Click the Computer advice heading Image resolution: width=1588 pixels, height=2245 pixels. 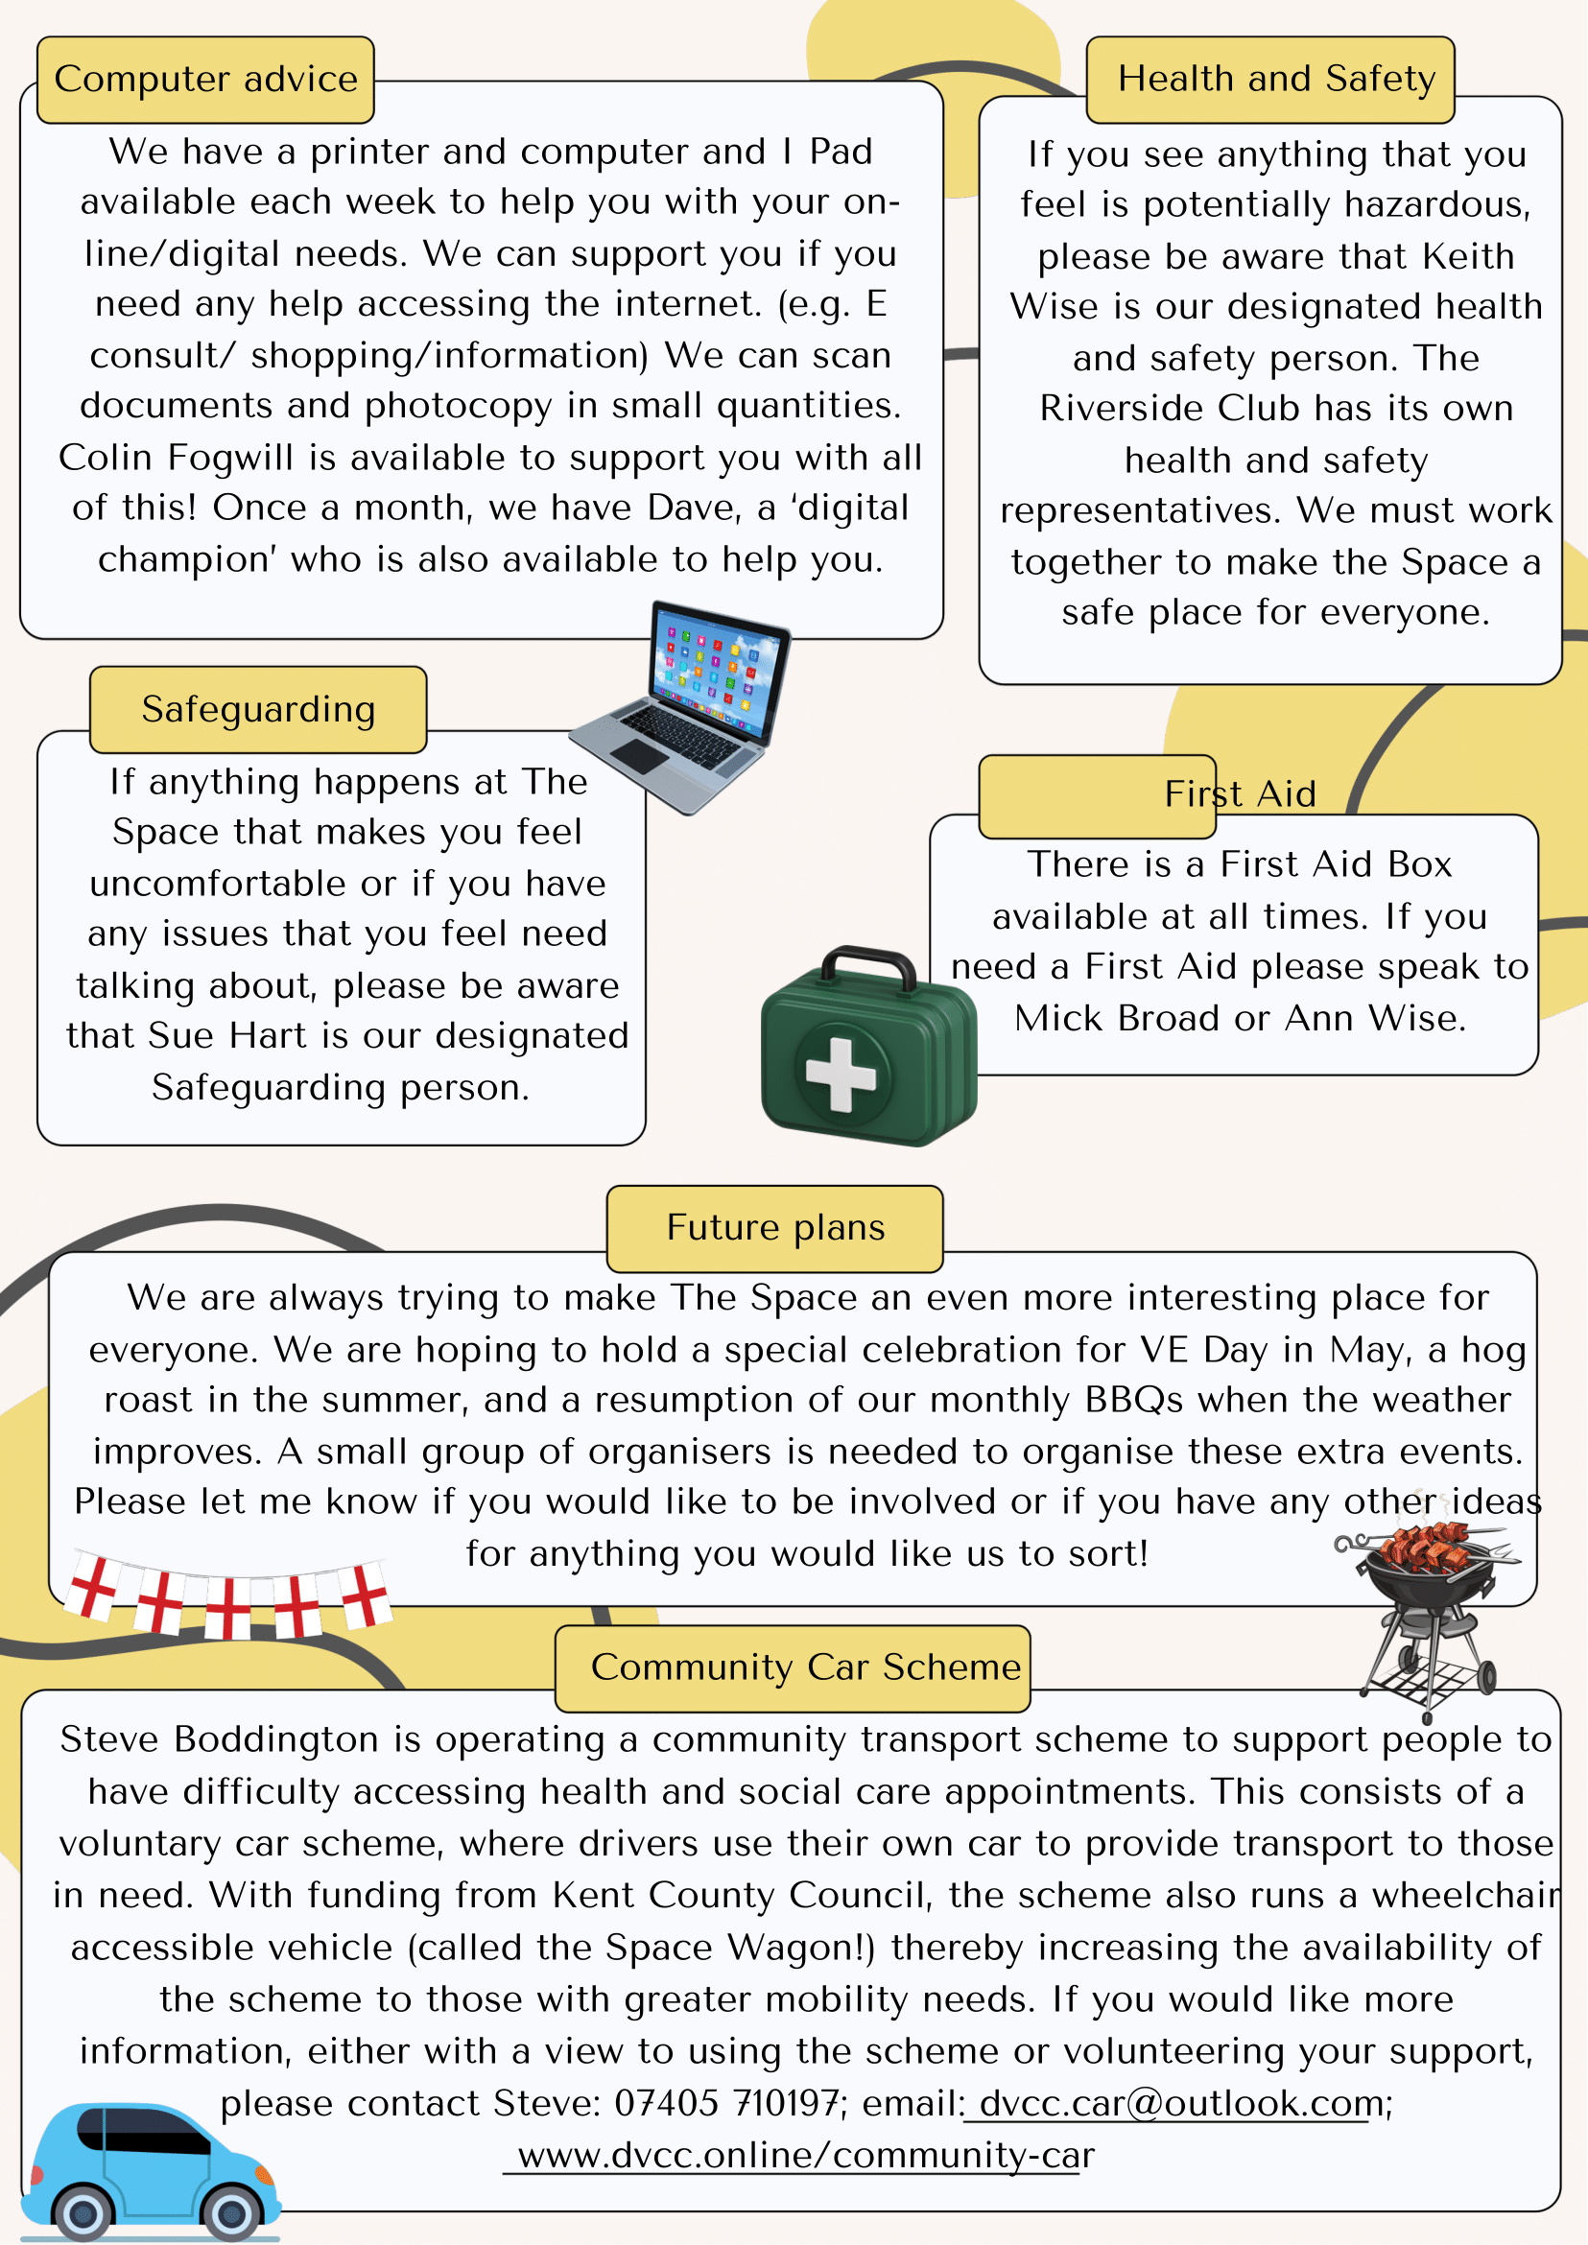(x=205, y=80)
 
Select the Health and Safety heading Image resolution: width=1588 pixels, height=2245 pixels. (x=1276, y=79)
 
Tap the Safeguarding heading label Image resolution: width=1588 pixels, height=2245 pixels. (x=258, y=710)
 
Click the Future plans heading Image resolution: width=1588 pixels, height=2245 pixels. (x=775, y=1228)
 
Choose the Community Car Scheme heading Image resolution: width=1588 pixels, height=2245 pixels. (x=805, y=1667)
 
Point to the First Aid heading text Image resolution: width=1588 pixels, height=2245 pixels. (x=1239, y=794)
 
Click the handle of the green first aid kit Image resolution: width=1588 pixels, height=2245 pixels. (x=867, y=963)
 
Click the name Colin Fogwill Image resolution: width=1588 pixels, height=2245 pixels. (x=176, y=458)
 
